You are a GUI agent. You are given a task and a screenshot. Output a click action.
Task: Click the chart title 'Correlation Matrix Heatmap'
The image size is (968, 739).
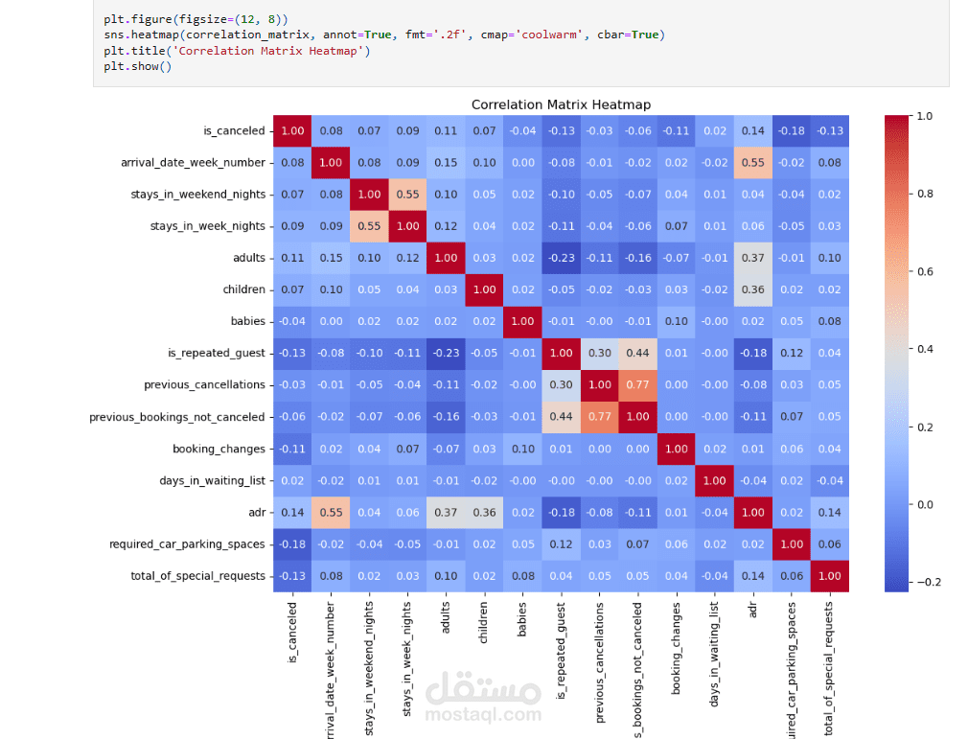561,104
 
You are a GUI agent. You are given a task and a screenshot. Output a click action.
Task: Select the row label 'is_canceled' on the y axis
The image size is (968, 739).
235,131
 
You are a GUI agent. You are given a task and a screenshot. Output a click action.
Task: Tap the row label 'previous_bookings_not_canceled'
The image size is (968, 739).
177,417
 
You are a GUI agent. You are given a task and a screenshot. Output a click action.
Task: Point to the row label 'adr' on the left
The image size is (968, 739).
256,512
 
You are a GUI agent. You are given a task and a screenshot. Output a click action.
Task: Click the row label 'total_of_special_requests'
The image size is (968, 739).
197,575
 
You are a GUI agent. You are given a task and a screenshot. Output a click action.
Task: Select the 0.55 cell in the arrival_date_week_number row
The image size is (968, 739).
752,163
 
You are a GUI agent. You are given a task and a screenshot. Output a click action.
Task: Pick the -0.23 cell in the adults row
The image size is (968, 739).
561,258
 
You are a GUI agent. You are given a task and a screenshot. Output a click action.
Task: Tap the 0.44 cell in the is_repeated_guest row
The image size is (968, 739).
637,354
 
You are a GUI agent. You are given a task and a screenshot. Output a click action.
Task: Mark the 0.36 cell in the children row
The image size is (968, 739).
752,289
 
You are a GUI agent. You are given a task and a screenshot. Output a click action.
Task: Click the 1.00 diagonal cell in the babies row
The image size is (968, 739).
522,321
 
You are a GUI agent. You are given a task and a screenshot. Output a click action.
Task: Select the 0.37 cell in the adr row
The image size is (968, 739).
446,512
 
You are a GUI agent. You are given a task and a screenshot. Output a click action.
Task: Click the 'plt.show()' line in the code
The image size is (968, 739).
138,67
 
